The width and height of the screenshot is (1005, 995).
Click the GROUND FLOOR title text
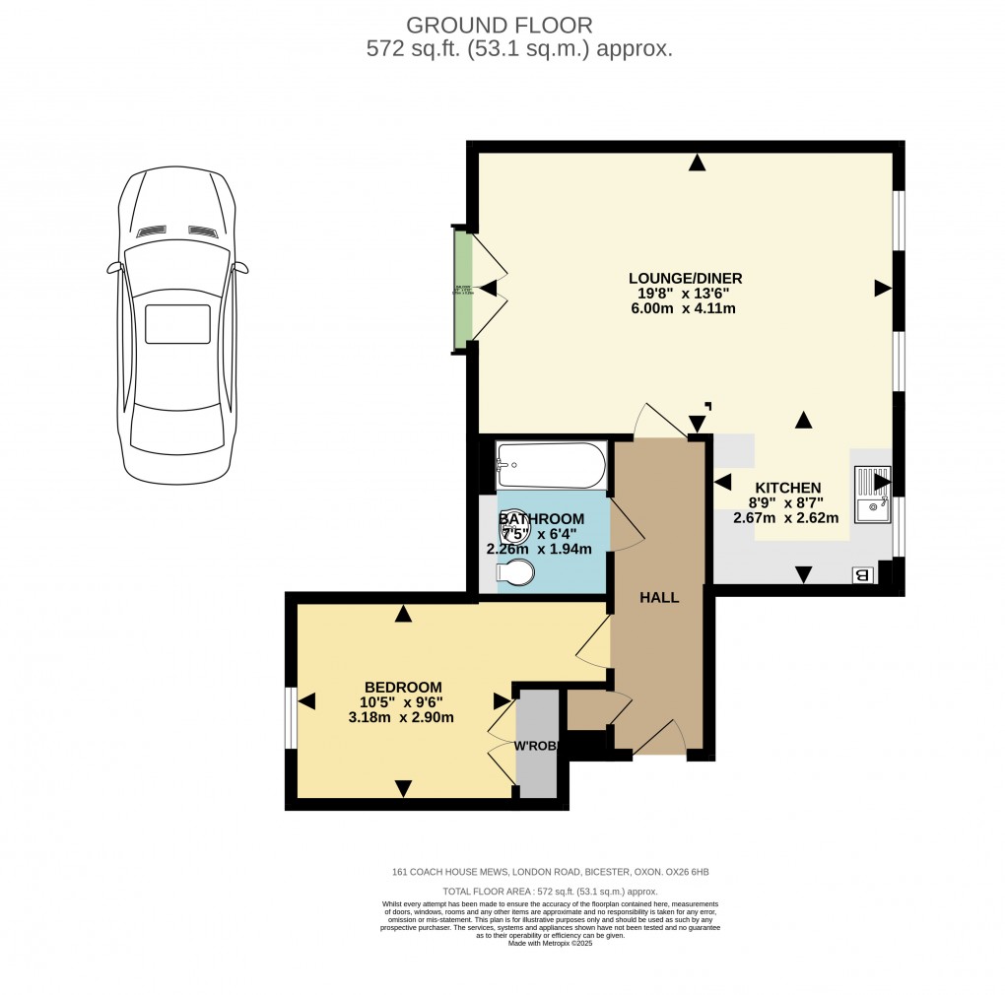pyautogui.click(x=500, y=25)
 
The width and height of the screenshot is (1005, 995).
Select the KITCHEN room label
pyautogui.click(x=788, y=488)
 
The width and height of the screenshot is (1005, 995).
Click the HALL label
pyautogui.click(x=659, y=597)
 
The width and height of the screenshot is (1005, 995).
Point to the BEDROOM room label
pyautogui.click(x=403, y=687)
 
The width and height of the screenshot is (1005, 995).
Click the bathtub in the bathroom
pyautogui.click(x=551, y=465)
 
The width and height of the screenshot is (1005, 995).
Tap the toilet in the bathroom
pyautogui.click(x=516, y=572)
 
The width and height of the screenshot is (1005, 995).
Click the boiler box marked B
pyautogui.click(x=863, y=575)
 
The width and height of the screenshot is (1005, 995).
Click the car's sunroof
pyautogui.click(x=177, y=323)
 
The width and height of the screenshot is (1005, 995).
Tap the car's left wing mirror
pyautogui.click(x=113, y=267)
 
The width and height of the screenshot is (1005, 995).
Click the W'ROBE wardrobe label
pyautogui.click(x=537, y=746)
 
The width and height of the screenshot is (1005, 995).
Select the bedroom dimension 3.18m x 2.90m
pyautogui.click(x=403, y=717)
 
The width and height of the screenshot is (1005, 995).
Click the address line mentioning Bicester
pyautogui.click(x=550, y=872)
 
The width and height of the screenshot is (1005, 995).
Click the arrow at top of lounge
pyautogui.click(x=698, y=164)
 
